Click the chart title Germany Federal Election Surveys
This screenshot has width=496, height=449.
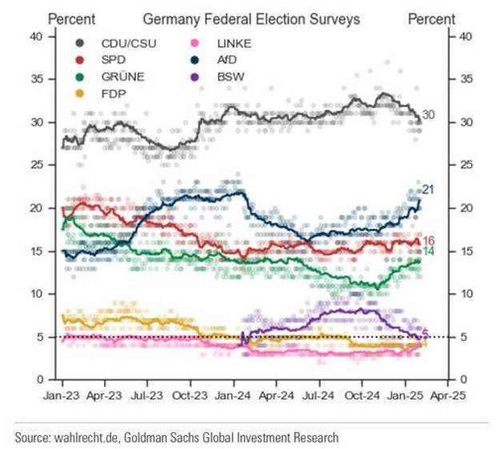251,19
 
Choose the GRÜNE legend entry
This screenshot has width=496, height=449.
120,78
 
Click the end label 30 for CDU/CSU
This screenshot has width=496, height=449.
429,115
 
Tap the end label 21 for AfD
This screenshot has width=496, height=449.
428,190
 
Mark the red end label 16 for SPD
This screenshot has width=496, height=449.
428,241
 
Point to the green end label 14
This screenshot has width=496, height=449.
428,252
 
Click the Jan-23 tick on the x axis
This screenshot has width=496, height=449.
62,395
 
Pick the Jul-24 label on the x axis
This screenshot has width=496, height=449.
319,395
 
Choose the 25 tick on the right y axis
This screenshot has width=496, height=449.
465,165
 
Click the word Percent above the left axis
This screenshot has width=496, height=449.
72,19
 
